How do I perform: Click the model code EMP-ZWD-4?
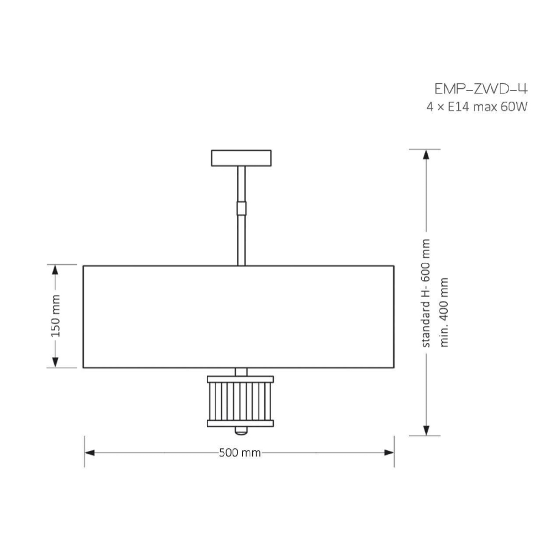tap(481, 89)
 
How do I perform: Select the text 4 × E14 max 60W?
tap(477, 107)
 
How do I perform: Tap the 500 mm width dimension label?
tap(240, 453)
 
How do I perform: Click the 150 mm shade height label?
tap(56, 316)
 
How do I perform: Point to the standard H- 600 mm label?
tap(426, 293)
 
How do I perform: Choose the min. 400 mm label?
tap(444, 312)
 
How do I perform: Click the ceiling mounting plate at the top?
tap(241, 158)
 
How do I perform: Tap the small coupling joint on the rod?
tap(241, 208)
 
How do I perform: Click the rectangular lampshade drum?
tap(238, 317)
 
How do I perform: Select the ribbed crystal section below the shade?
tap(241, 401)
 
